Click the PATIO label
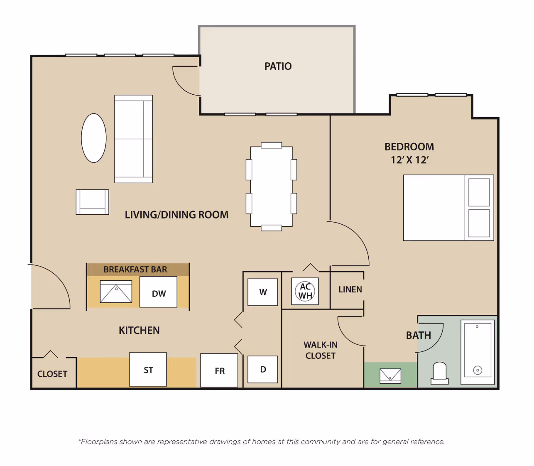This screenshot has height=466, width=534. [278, 66]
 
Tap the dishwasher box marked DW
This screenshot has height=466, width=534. [158, 292]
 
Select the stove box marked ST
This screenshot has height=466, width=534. [148, 370]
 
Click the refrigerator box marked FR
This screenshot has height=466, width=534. [219, 370]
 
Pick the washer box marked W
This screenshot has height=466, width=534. [263, 292]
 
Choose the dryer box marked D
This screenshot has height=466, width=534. [263, 369]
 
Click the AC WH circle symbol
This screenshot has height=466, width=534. [305, 291]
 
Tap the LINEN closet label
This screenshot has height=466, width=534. [350, 289]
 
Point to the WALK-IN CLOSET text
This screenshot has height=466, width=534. [320, 350]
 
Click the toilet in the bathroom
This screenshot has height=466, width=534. [439, 373]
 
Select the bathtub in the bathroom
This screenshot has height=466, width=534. [478, 352]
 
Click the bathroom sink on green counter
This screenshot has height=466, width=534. [390, 376]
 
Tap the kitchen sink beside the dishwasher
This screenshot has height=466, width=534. [116, 292]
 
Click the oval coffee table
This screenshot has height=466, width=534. [94, 138]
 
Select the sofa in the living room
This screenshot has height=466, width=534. [133, 139]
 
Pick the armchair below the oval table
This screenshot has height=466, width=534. [92, 202]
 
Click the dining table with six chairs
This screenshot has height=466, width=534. [271, 186]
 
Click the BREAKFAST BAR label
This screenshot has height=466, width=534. [135, 270]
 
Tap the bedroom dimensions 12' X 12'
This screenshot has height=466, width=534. [409, 160]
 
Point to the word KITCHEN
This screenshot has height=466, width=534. [139, 330]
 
